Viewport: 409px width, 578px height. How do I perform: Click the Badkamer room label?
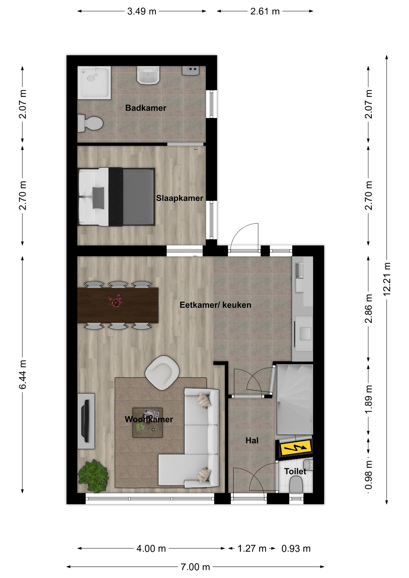pos(145,108)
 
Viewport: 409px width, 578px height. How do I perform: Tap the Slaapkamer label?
pos(180,198)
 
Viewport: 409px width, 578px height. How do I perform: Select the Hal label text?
pos(252,440)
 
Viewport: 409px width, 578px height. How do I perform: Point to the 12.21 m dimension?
pos(387,279)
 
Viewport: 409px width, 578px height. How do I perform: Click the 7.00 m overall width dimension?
pos(195,567)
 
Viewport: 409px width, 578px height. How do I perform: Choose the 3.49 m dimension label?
pos(142,11)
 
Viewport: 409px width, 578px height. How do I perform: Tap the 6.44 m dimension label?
pos(23,374)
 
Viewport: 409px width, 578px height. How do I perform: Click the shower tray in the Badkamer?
pos(94,83)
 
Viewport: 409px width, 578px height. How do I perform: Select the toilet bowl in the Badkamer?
pos(90,123)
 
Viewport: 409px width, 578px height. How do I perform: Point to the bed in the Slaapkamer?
pos(116,197)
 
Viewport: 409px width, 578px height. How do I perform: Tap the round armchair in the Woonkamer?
pos(162,373)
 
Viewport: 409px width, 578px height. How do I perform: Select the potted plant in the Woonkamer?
pos(94,476)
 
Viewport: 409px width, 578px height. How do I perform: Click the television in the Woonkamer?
pos(86,421)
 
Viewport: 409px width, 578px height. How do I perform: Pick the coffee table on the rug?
pos(148,422)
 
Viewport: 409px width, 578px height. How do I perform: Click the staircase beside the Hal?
pos(295,399)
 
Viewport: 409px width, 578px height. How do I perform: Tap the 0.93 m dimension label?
pos(296,548)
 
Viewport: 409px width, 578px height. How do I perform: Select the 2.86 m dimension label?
pos(369,309)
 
